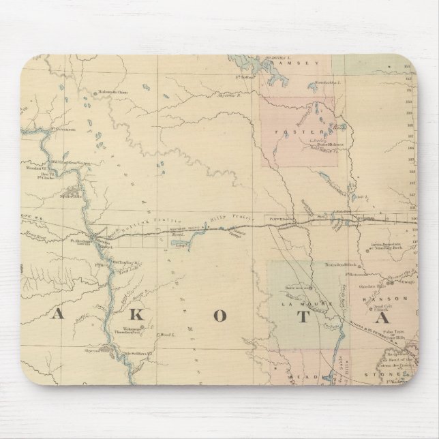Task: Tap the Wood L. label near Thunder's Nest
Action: (166, 335)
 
